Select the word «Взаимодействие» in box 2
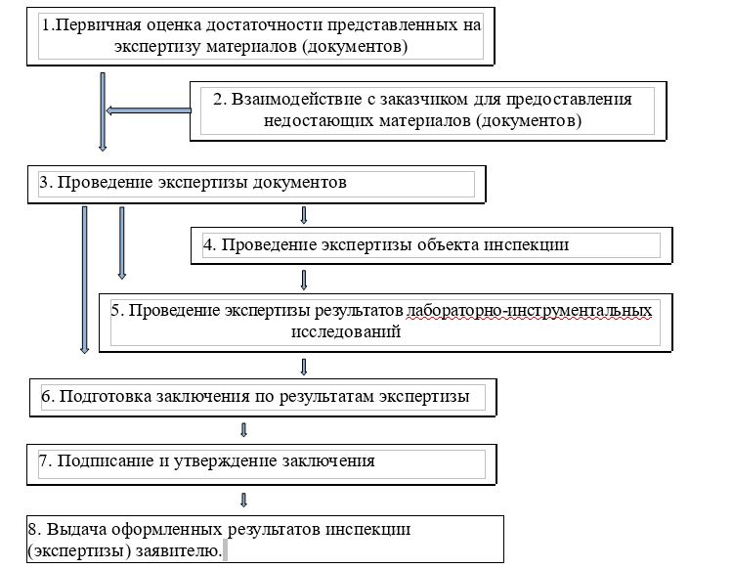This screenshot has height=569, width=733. [296, 99]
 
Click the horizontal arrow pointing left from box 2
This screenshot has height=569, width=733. [149, 110]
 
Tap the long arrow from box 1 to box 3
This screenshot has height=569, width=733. [103, 111]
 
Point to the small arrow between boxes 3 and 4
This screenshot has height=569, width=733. [304, 215]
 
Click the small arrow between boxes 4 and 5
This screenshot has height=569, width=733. [304, 280]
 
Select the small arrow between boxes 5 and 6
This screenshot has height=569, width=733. [304, 367]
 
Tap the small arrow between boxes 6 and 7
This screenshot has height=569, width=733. [243, 429]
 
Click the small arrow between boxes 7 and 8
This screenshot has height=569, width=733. [243, 500]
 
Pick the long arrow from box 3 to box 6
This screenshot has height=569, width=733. [85, 280]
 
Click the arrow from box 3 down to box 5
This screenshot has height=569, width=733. [122, 243]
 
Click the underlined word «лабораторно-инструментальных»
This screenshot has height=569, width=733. [529, 311]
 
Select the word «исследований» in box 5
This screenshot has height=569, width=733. [346, 331]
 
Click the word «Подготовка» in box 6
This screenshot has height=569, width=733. [106, 396]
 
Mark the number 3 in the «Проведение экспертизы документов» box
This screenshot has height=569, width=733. [43, 183]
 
